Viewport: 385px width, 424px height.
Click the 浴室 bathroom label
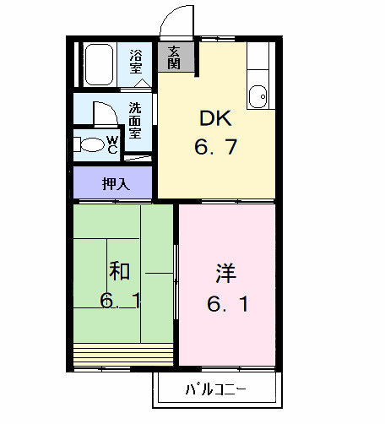(135, 63)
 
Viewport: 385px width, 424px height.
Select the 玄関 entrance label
(174, 57)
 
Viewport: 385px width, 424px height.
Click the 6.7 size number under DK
(215, 148)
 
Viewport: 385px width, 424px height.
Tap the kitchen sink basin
(259, 95)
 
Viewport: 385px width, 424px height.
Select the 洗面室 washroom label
(135, 121)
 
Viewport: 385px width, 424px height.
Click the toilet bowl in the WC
(88, 145)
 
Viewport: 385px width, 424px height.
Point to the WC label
(111, 145)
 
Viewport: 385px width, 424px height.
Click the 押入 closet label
(115, 183)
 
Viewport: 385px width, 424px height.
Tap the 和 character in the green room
(119, 271)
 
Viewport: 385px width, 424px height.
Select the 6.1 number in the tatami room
(119, 302)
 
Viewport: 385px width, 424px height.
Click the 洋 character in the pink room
(225, 273)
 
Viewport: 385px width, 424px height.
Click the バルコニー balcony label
(215, 390)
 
